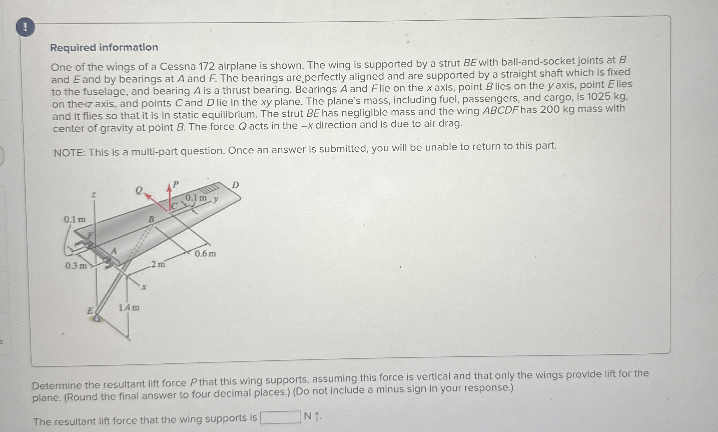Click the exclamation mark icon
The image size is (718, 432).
26,27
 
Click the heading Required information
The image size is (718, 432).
104,47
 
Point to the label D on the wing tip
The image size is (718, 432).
235,185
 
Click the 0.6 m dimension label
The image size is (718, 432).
205,254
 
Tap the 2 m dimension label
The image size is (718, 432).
158,264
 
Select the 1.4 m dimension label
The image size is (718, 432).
129,307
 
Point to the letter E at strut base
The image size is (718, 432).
90,311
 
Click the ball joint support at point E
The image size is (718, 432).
97,318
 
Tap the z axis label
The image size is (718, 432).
94,195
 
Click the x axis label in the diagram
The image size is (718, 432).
144,287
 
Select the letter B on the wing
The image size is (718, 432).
151,219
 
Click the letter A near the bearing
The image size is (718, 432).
114,251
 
